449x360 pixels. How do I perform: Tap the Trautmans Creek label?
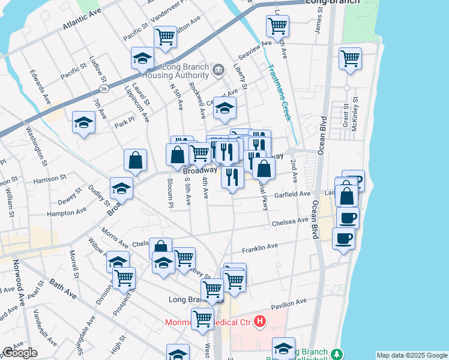coord(279,92)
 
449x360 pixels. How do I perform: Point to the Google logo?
coord(20,352)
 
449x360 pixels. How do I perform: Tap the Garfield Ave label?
coord(292,194)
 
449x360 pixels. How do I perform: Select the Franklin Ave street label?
coord(260,247)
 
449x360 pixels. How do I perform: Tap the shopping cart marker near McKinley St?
coord(350,59)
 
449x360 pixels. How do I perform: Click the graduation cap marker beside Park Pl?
coord(84,123)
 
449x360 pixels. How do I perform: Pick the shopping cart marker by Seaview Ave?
coord(278,26)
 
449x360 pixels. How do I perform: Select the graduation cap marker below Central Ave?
coord(225,109)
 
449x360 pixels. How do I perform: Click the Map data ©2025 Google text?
coord(412,355)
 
